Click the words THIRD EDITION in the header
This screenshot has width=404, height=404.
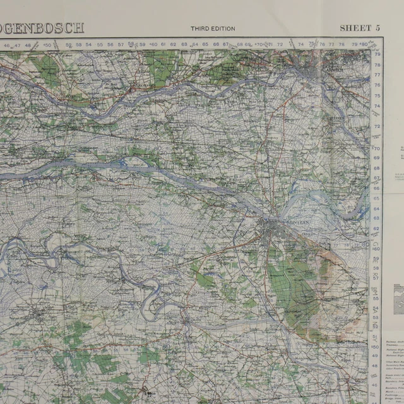pos(213,28)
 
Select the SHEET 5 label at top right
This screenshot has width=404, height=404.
pos(360,28)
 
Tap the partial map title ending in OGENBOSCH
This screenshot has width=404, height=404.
pos(42,28)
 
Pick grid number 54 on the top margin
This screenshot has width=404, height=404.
pos(90,45)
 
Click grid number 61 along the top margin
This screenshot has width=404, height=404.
pos(163,45)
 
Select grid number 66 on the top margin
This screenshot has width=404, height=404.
pos(216,45)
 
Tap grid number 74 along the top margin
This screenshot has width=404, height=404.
pos(300,45)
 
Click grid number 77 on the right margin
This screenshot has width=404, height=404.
pos(377,74)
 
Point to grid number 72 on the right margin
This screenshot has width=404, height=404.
pos(377,126)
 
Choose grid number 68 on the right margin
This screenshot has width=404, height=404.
pos(377,167)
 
